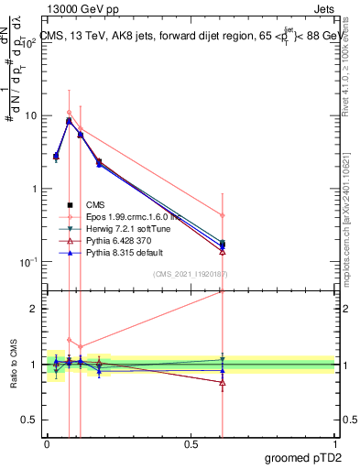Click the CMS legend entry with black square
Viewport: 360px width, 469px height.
pos(96,205)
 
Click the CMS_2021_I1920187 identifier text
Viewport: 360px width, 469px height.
pos(190,274)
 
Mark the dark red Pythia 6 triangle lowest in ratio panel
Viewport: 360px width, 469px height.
pos(223,383)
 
